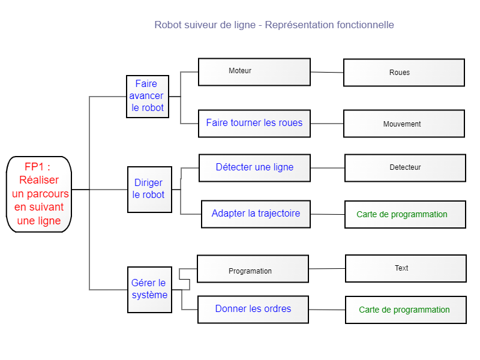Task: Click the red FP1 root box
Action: click(x=39, y=194)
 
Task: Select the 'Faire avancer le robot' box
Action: click(x=148, y=97)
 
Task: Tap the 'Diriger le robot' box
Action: click(x=149, y=190)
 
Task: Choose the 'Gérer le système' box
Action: click(x=149, y=290)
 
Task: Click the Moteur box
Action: click(x=254, y=72)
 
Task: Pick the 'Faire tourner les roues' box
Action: click(x=254, y=124)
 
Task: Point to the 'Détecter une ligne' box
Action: click(x=254, y=168)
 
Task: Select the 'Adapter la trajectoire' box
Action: click(x=256, y=214)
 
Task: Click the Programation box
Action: click(x=253, y=269)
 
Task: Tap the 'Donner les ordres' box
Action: click(x=253, y=310)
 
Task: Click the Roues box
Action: click(x=404, y=73)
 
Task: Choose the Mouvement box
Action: click(x=404, y=124)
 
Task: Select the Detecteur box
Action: click(x=406, y=168)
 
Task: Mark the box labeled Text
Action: click(x=406, y=268)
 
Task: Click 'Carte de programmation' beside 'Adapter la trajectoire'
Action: click(x=406, y=215)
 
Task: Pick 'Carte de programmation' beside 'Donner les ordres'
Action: click(x=406, y=310)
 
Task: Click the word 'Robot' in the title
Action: click(x=168, y=25)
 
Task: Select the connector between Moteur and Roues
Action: click(x=327, y=72)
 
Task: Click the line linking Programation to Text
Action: click(x=327, y=268)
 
